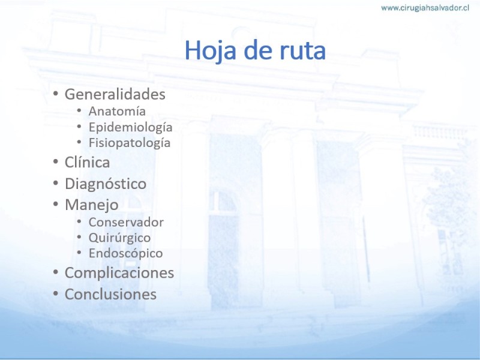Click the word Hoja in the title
(x=211, y=51)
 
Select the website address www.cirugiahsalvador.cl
(x=425, y=8)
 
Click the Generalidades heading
(x=115, y=94)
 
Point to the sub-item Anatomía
(x=117, y=111)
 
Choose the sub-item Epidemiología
(x=130, y=127)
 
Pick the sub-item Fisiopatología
(x=130, y=143)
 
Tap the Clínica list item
(x=87, y=162)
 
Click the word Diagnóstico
(x=106, y=184)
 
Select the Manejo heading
(x=92, y=205)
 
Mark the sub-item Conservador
(x=126, y=222)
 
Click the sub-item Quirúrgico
(x=119, y=238)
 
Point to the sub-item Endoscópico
(x=126, y=253)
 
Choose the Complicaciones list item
(x=119, y=273)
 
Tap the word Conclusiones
(x=110, y=294)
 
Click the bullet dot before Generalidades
(x=55, y=93)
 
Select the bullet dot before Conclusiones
(x=55, y=293)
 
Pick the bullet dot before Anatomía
(x=79, y=110)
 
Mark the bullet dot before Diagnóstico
(x=55, y=183)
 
